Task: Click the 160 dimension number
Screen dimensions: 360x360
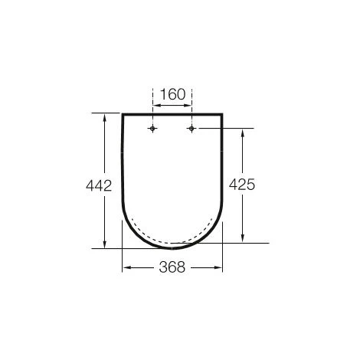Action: [x=172, y=96]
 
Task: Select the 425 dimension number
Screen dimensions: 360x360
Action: [x=241, y=185]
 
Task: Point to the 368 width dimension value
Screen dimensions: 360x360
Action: [x=172, y=268]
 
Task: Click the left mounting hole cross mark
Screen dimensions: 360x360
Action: [x=154, y=129]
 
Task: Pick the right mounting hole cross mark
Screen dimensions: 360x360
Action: [x=191, y=129]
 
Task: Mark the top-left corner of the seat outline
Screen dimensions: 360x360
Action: [x=123, y=114]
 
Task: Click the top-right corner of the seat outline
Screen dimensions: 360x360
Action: [x=222, y=114]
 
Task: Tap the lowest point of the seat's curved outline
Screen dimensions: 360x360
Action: [x=173, y=248]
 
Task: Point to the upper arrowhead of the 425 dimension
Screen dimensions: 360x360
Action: [x=242, y=132]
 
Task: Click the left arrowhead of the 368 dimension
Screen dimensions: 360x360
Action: [x=126, y=268]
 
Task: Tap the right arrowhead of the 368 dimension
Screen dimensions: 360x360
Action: [x=219, y=268]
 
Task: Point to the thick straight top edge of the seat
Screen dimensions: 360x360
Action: [x=172, y=114]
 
